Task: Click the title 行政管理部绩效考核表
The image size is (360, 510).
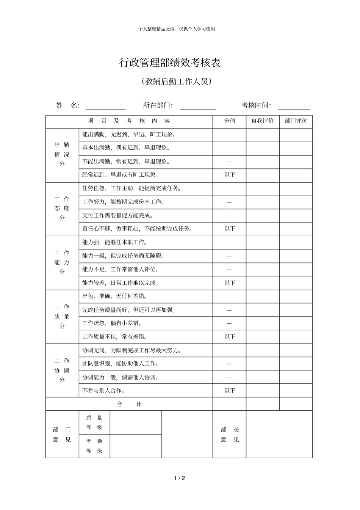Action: point(170,63)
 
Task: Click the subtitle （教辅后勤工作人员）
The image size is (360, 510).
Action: point(175,82)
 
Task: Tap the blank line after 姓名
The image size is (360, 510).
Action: point(105,106)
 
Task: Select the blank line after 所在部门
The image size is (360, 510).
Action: point(197,106)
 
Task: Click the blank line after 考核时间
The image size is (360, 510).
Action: point(294,106)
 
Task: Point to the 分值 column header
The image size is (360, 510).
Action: point(230,121)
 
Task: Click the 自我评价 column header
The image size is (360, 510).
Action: point(263,121)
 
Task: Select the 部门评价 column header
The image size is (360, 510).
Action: point(296,121)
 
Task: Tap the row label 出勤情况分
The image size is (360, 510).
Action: point(62,154)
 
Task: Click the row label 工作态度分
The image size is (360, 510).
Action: point(62,209)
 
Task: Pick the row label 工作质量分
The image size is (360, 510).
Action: point(62,316)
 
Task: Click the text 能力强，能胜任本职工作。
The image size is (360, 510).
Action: point(115,242)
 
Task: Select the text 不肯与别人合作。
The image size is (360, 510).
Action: point(104,391)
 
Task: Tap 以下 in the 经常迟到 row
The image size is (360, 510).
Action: point(230,175)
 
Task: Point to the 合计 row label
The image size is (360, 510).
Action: point(129,404)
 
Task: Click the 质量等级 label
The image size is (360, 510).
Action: point(94,422)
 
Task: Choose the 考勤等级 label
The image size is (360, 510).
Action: point(94,446)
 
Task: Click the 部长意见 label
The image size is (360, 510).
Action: point(230,435)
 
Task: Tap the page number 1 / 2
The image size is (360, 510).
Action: point(180,478)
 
